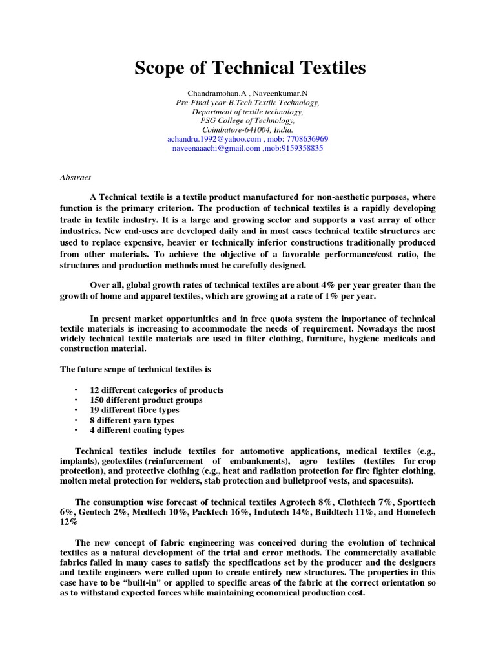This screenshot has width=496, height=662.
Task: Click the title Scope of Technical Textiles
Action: pyautogui.click(x=250, y=68)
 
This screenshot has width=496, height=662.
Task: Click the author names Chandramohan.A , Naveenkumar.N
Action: pyautogui.click(x=248, y=93)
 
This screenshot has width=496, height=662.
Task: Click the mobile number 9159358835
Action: pyautogui.click(x=300, y=147)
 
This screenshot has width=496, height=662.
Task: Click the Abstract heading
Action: pyautogui.click(x=76, y=177)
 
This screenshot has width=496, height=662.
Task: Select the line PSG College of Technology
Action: pyautogui.click(x=248, y=120)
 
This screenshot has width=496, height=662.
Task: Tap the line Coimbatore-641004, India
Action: pyautogui.click(x=248, y=129)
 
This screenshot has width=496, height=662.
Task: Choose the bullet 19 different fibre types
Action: pyautogui.click(x=134, y=410)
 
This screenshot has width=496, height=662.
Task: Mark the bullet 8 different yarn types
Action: pyautogui.click(x=132, y=420)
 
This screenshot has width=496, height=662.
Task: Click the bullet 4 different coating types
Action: pyautogui.click(x=137, y=430)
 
